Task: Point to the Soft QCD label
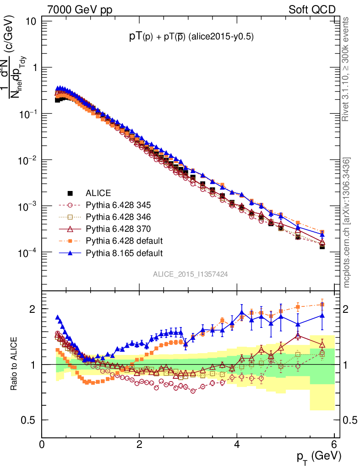(312, 10)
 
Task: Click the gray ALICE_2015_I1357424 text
(191, 274)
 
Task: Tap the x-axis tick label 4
(237, 444)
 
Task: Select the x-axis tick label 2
(139, 444)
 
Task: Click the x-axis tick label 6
(334, 444)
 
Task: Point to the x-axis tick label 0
(42, 444)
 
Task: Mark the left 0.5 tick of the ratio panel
(31, 420)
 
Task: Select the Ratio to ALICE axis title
(15, 364)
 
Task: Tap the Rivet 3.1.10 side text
(346, 69)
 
